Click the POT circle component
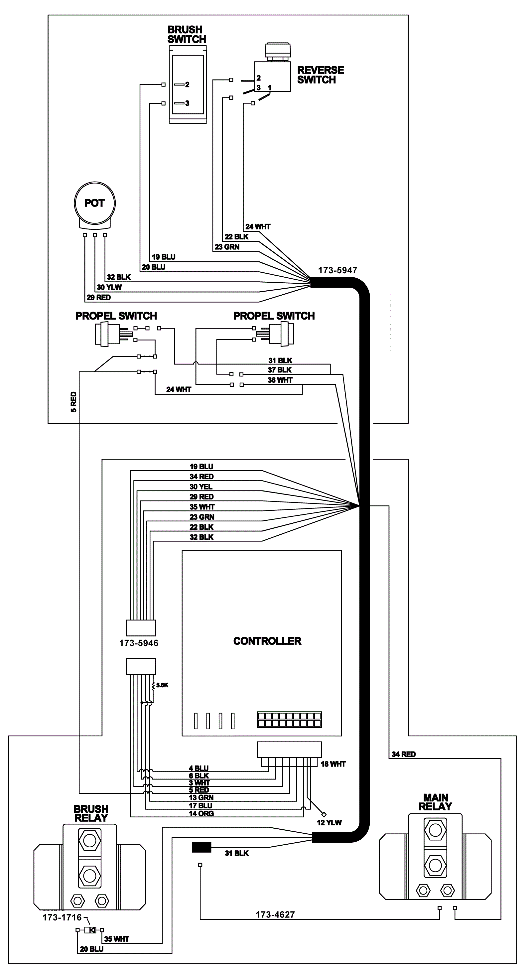[94, 203]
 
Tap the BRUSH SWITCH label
[187, 34]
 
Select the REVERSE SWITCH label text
[320, 75]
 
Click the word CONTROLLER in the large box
[267, 641]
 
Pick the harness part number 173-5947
[337, 270]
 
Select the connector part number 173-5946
[139, 643]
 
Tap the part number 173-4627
[275, 914]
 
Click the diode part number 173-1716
[62, 917]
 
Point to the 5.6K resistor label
[162, 685]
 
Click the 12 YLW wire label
[329, 823]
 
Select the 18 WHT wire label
[333, 764]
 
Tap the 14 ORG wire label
[201, 814]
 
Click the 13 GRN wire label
[201, 798]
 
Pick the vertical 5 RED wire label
[74, 402]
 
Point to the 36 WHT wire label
[280, 380]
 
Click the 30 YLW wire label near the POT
[109, 287]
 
